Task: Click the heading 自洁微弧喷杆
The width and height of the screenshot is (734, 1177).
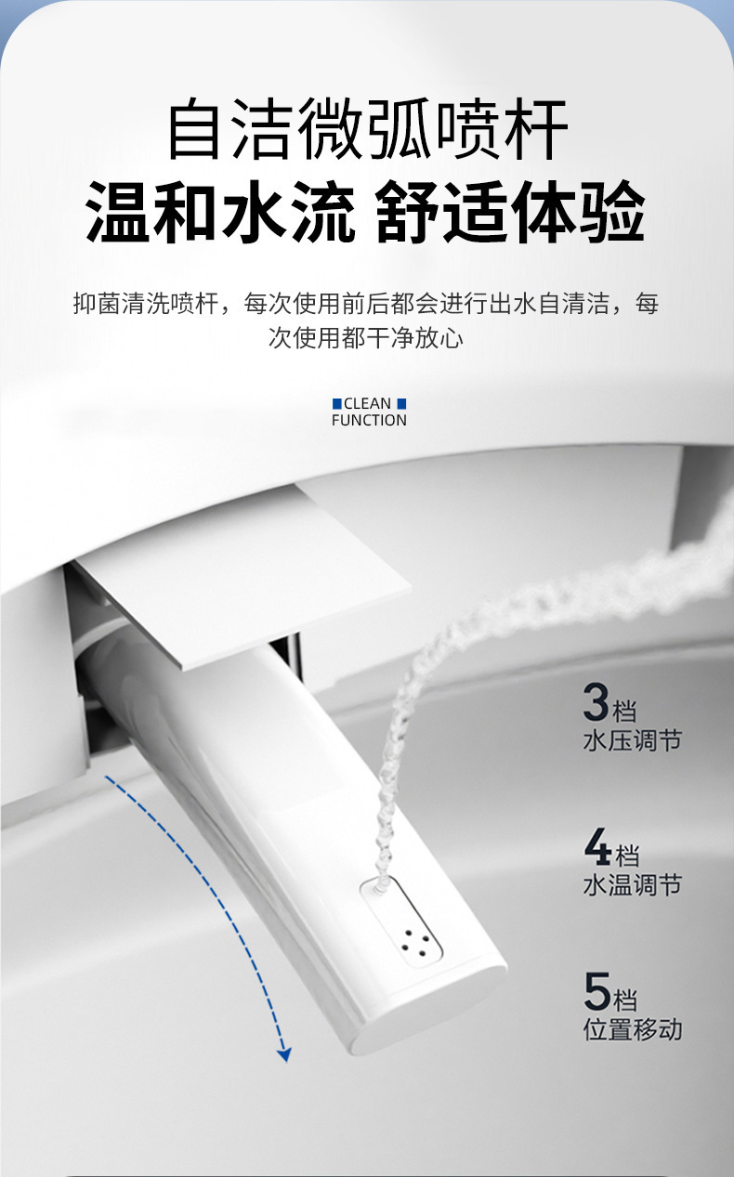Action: [367, 132]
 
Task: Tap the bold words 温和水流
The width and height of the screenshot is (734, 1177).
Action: [220, 213]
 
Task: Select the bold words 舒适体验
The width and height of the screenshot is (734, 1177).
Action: [511, 213]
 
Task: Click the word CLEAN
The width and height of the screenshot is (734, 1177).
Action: [368, 403]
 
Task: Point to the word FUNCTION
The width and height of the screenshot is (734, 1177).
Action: [369, 420]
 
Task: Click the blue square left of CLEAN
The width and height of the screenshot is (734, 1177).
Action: [337, 403]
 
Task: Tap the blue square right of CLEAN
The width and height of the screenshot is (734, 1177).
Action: [401, 403]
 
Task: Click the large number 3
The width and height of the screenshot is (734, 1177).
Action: [596, 703]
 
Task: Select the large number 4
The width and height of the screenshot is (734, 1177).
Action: [596, 846]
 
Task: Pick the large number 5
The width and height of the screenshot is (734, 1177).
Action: [596, 991]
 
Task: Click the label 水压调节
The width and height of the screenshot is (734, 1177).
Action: [632, 740]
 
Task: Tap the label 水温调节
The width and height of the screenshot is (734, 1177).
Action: [632, 884]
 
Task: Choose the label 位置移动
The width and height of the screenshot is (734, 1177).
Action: [632, 1029]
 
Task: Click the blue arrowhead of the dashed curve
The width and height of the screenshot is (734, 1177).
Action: [284, 1053]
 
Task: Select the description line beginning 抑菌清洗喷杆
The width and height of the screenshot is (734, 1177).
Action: [366, 303]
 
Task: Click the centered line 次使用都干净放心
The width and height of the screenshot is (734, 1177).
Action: [366, 338]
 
